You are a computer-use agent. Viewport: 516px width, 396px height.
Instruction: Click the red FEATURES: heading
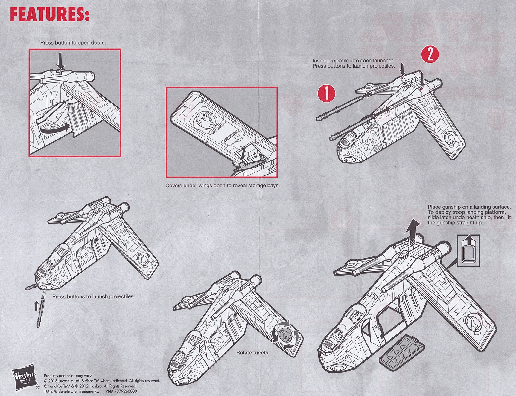pyautogui.click(x=50, y=14)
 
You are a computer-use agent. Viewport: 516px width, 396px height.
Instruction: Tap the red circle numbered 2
pyautogui.click(x=430, y=55)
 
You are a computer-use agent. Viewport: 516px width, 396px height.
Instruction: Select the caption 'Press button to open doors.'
pyautogui.click(x=73, y=43)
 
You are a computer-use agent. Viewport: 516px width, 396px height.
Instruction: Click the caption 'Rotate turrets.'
pyautogui.click(x=253, y=353)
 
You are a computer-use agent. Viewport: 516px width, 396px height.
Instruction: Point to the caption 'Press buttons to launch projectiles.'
pyautogui.click(x=93, y=296)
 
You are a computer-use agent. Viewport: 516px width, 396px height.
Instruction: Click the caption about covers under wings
pyautogui.click(x=223, y=186)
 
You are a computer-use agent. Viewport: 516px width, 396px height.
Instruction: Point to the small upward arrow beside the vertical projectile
pyautogui.click(x=36, y=306)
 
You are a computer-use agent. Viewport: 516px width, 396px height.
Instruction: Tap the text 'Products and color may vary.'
pyautogui.click(x=68, y=376)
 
